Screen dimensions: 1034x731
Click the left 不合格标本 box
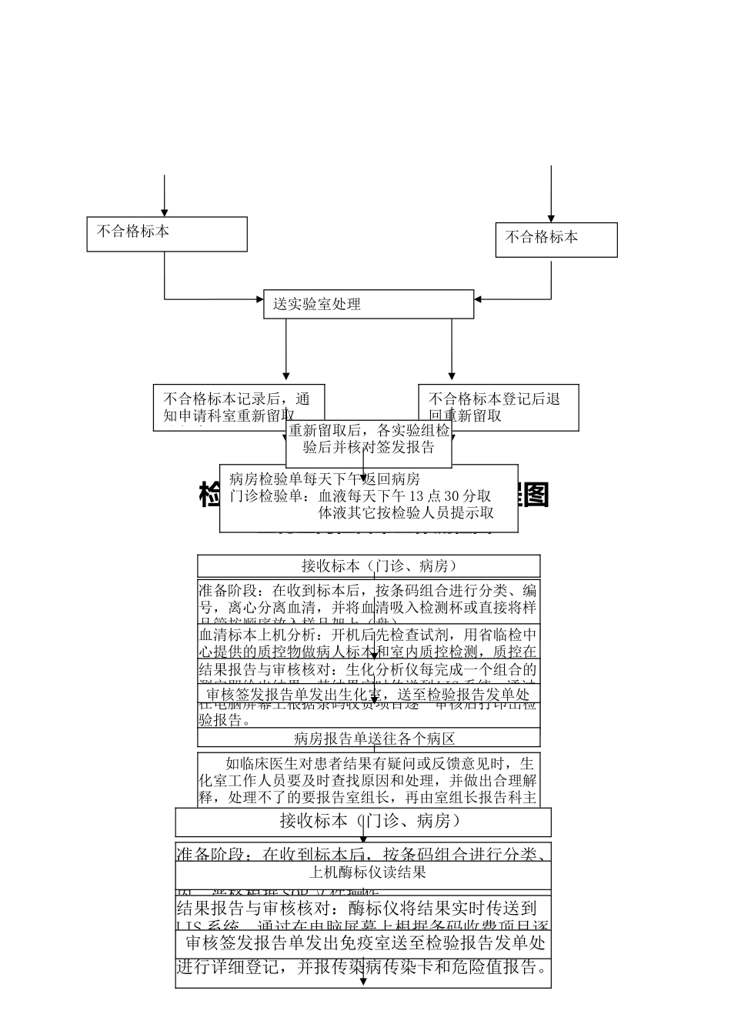point(167,234)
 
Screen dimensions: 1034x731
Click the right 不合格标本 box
point(556,239)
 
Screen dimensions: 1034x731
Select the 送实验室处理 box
point(368,304)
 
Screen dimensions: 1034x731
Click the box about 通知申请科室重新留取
point(238,407)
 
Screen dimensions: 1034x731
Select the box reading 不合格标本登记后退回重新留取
point(498,407)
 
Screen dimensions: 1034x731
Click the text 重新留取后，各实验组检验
point(369,431)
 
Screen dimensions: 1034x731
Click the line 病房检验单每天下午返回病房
point(324,478)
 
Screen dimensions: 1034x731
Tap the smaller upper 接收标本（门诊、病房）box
point(368,566)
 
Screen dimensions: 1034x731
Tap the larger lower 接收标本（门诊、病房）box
point(362,821)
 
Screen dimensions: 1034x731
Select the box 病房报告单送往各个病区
point(368,739)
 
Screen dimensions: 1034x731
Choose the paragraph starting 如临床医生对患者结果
point(368,779)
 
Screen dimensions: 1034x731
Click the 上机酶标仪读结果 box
point(362,873)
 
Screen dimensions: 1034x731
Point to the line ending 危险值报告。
point(362,968)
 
